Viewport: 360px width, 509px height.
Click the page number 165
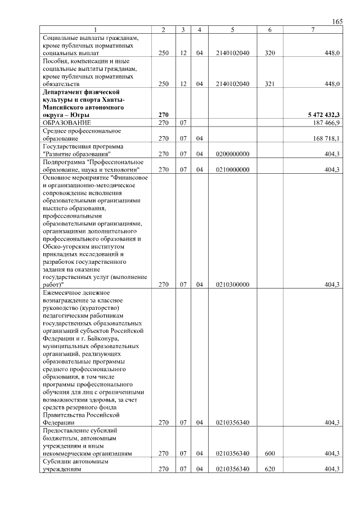tap(337, 21)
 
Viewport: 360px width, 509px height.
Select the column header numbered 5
tap(232, 29)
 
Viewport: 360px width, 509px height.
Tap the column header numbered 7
tap(313, 29)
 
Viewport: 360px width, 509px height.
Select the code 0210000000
tap(232, 169)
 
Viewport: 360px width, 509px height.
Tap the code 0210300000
tap(232, 285)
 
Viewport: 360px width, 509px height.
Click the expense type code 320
tap(269, 53)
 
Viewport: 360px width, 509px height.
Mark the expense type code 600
tap(269, 453)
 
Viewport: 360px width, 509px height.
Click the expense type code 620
tap(269, 469)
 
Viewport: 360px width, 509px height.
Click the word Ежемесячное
tap(62, 292)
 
